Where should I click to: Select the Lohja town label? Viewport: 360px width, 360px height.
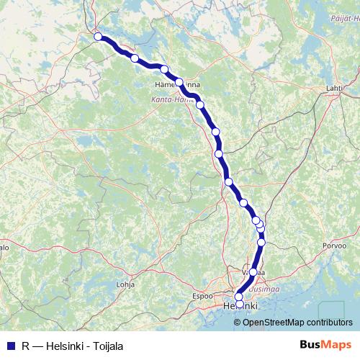pos(125,284)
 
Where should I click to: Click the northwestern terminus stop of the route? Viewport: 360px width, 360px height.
pos(98,36)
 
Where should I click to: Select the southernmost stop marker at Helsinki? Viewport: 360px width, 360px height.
pos(239,304)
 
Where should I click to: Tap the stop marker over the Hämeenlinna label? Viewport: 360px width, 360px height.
pos(180,83)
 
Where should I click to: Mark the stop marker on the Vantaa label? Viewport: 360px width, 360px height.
pos(253,272)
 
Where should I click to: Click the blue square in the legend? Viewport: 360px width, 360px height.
pos(9,346)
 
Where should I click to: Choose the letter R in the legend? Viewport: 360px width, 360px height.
pos(25,346)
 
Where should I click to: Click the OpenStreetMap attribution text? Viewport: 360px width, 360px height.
pos(297,323)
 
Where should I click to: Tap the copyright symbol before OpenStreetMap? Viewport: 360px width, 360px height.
pos(238,323)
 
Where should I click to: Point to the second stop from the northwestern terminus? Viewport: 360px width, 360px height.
pos(135,58)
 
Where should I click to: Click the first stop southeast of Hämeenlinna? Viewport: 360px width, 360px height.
pos(200,105)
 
